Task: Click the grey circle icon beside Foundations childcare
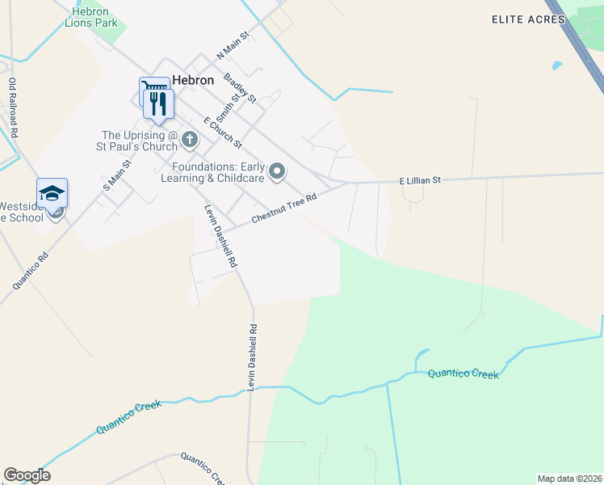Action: tap(278, 171)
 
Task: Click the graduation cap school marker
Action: tap(52, 194)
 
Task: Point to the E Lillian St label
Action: tap(420, 182)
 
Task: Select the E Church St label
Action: tap(223, 133)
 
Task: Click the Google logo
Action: tap(27, 475)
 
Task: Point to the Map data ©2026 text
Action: tap(568, 478)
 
